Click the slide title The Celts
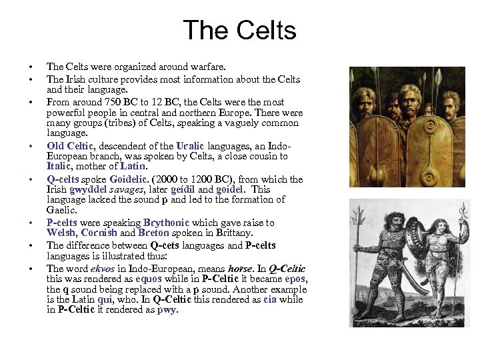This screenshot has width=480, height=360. pyautogui.click(x=239, y=31)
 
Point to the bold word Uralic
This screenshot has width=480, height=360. pyautogui.click(x=192, y=145)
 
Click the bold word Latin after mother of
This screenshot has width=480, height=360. pyautogui.click(x=132, y=166)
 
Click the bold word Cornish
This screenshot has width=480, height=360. pyautogui.click(x=98, y=233)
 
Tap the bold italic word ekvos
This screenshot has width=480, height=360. pyautogui.click(x=94, y=269)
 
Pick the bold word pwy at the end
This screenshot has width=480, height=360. pyautogui.click(x=166, y=309)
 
